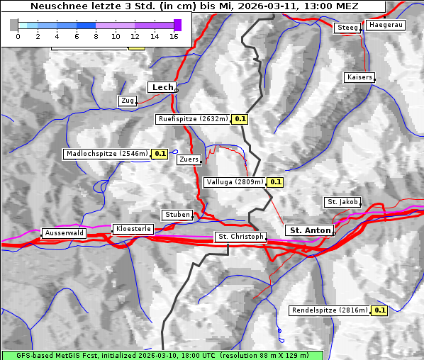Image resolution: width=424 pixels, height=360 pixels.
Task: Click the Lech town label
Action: (x=162, y=87)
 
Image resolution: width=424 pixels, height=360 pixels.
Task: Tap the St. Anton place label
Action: (x=311, y=230)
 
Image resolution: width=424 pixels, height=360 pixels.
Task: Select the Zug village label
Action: (x=128, y=101)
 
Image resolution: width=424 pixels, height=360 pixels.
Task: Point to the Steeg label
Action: (x=347, y=28)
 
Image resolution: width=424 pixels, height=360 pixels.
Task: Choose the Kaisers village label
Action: (x=359, y=77)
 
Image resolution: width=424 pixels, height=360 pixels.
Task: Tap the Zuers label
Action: (x=188, y=159)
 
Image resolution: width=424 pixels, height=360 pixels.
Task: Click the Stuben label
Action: (x=177, y=215)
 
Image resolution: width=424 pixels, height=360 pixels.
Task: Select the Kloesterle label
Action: (x=133, y=229)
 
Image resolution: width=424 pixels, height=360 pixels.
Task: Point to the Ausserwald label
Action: (x=64, y=232)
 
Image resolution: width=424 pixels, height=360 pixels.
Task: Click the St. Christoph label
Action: (x=240, y=237)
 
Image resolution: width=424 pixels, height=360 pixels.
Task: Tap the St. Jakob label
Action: (x=342, y=202)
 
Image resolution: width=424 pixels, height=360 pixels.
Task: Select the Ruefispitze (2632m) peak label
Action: (x=193, y=119)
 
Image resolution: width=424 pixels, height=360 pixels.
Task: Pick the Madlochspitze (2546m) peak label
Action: (x=106, y=153)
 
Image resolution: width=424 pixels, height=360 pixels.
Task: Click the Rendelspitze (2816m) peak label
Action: (x=330, y=310)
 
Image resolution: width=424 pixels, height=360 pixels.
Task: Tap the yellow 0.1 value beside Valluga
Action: (x=276, y=182)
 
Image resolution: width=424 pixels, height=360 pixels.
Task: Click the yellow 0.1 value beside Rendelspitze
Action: (x=380, y=310)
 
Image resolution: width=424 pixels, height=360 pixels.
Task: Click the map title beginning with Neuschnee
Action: (x=194, y=6)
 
